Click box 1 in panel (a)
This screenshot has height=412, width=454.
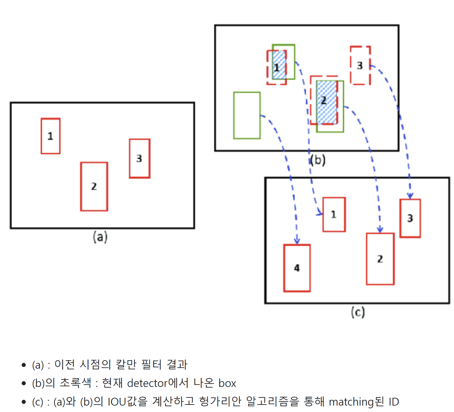tap(50, 136)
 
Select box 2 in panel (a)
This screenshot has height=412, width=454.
tap(94, 187)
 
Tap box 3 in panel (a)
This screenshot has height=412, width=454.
tap(139, 158)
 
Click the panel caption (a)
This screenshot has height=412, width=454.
tap(100, 237)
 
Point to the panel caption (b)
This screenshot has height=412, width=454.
tap(318, 160)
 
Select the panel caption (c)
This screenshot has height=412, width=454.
tap(358, 312)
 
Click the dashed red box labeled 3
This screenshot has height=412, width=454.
tap(360, 65)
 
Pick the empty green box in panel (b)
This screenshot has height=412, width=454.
tap(247, 115)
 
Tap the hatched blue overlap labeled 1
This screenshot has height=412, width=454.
tap(279, 65)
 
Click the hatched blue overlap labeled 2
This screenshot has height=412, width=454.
tap(327, 102)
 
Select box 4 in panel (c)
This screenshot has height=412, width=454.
tap(297, 268)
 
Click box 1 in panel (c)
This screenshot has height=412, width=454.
tap(334, 215)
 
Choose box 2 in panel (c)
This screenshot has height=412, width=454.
tap(380, 259)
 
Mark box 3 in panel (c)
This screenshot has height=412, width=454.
tap(410, 218)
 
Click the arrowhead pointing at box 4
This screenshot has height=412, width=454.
tap(297, 241)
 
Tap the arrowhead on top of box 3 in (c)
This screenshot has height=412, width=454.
tap(410, 196)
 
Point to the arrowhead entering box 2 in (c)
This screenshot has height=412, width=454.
tap(380, 230)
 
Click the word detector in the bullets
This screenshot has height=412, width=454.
tap(147, 383)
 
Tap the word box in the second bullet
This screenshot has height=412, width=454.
tap(227, 383)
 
